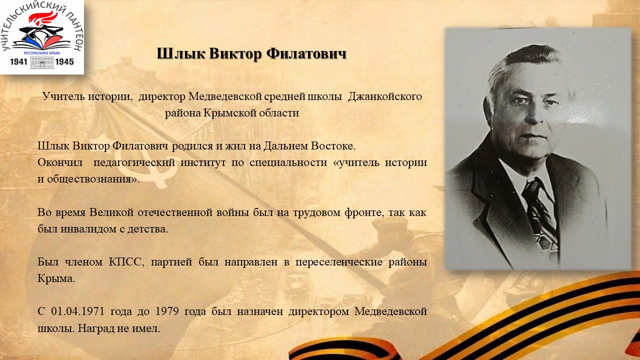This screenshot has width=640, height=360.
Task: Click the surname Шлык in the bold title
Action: tap(181, 53)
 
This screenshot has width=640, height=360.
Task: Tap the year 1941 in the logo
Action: tap(18, 61)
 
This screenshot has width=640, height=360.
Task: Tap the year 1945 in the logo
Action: tap(64, 61)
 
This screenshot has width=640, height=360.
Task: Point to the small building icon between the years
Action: tap(41, 62)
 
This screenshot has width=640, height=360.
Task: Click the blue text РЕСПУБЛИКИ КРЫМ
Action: tap(41, 53)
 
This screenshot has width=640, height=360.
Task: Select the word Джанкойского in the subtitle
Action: tap(385, 97)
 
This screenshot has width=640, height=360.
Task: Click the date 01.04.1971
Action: tap(77, 311)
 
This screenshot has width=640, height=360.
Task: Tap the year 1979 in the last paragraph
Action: tap(167, 311)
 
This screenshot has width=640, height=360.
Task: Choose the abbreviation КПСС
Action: tap(125, 262)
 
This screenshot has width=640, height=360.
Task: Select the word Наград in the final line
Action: tap(95, 328)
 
